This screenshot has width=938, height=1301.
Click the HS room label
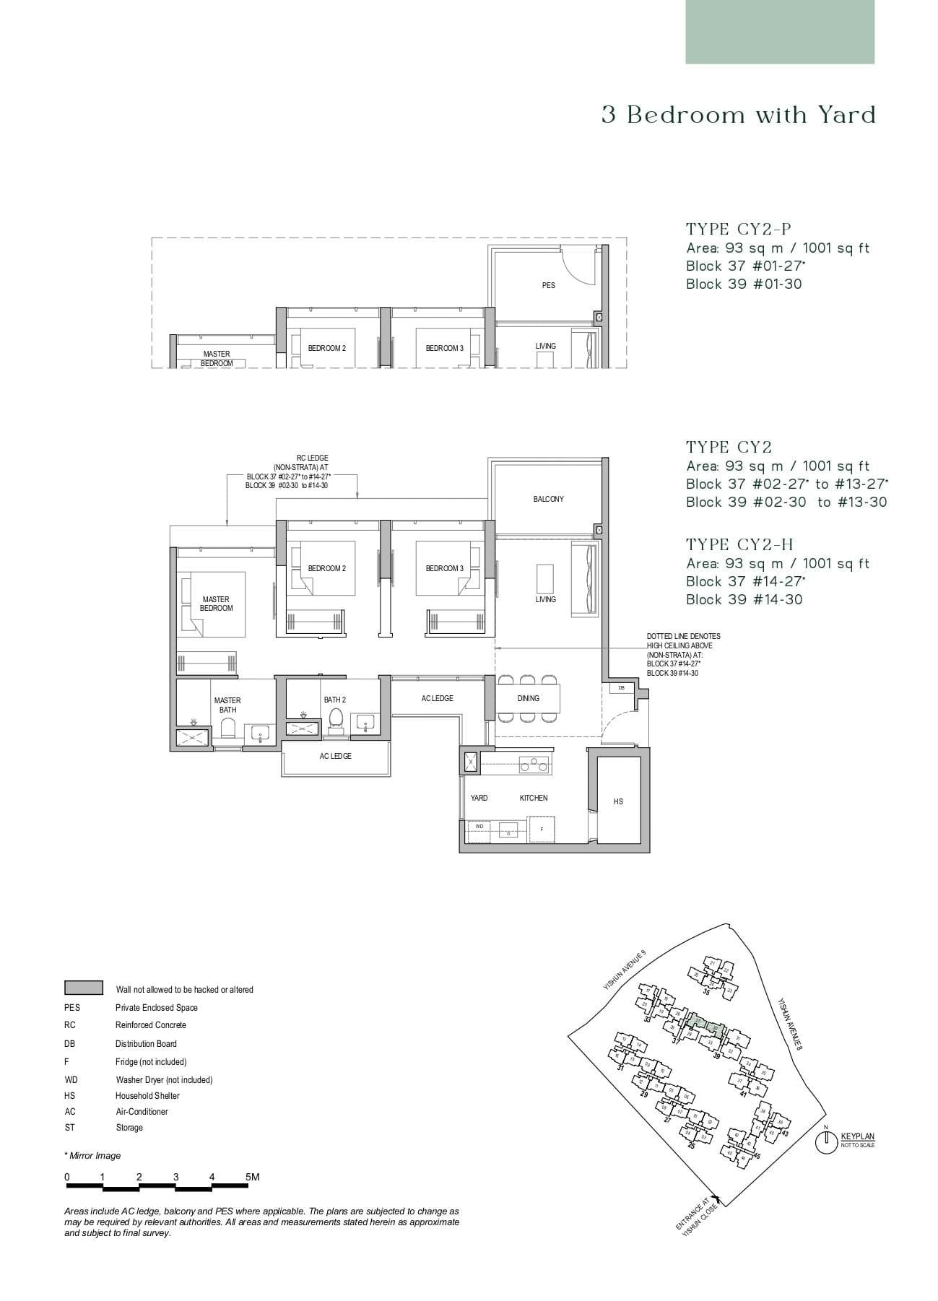[618, 801]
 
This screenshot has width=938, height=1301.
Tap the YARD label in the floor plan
[479, 798]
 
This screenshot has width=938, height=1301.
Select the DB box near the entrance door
[621, 688]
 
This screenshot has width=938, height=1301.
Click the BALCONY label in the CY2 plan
[549, 499]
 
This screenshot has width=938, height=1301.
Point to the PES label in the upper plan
[549, 285]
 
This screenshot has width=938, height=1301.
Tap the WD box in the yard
[479, 826]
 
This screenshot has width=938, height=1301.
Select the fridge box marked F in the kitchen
[542, 829]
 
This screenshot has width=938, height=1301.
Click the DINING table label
[529, 698]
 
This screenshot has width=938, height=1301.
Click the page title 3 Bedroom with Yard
[739, 115]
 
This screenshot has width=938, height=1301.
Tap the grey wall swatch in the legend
[83, 988]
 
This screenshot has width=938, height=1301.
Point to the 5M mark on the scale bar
[252, 1177]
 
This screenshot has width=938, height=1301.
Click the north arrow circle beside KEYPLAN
[825, 1143]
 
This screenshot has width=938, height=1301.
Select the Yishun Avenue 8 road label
[791, 1023]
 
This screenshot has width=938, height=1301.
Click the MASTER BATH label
[227, 705]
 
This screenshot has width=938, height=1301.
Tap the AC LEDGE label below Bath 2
[336, 756]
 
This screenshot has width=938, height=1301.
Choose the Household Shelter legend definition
[147, 1095]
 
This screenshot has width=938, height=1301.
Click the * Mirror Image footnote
[92, 1155]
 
